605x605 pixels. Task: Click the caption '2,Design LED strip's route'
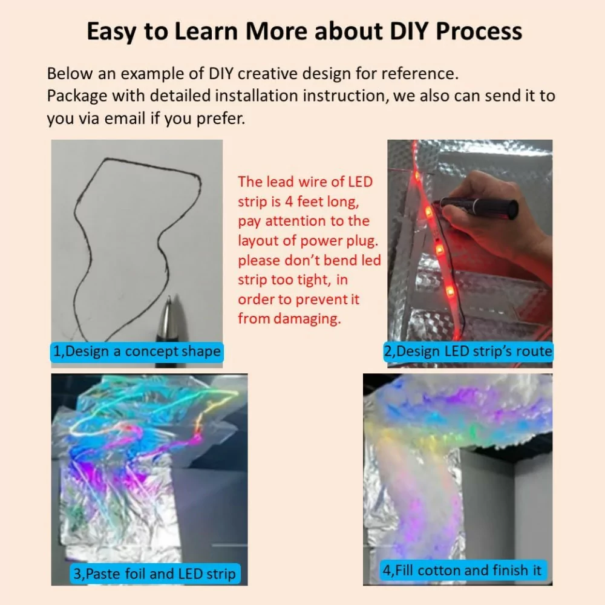point(468,351)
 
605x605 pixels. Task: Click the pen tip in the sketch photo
point(169,301)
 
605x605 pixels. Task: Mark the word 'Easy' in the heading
point(114,32)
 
